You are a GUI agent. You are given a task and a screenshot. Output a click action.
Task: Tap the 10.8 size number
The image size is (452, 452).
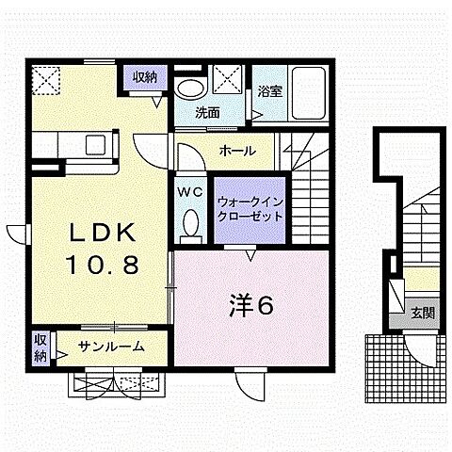103,265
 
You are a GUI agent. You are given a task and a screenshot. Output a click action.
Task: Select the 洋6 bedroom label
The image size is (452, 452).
252,304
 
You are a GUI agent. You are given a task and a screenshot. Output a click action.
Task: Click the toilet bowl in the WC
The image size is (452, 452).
191,223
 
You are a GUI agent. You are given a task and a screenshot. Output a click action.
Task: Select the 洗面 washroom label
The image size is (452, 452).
207,113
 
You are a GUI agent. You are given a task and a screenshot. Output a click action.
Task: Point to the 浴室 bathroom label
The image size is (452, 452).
268,91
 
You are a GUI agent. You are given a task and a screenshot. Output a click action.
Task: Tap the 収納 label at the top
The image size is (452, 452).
144,77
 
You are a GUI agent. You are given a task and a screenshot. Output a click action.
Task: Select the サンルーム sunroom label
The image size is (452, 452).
111,347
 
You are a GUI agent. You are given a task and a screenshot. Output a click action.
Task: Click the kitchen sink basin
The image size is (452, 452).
95,144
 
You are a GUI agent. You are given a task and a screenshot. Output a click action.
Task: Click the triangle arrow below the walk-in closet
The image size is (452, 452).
250,253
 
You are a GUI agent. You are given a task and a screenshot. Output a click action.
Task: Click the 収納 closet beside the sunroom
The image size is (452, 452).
40,347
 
